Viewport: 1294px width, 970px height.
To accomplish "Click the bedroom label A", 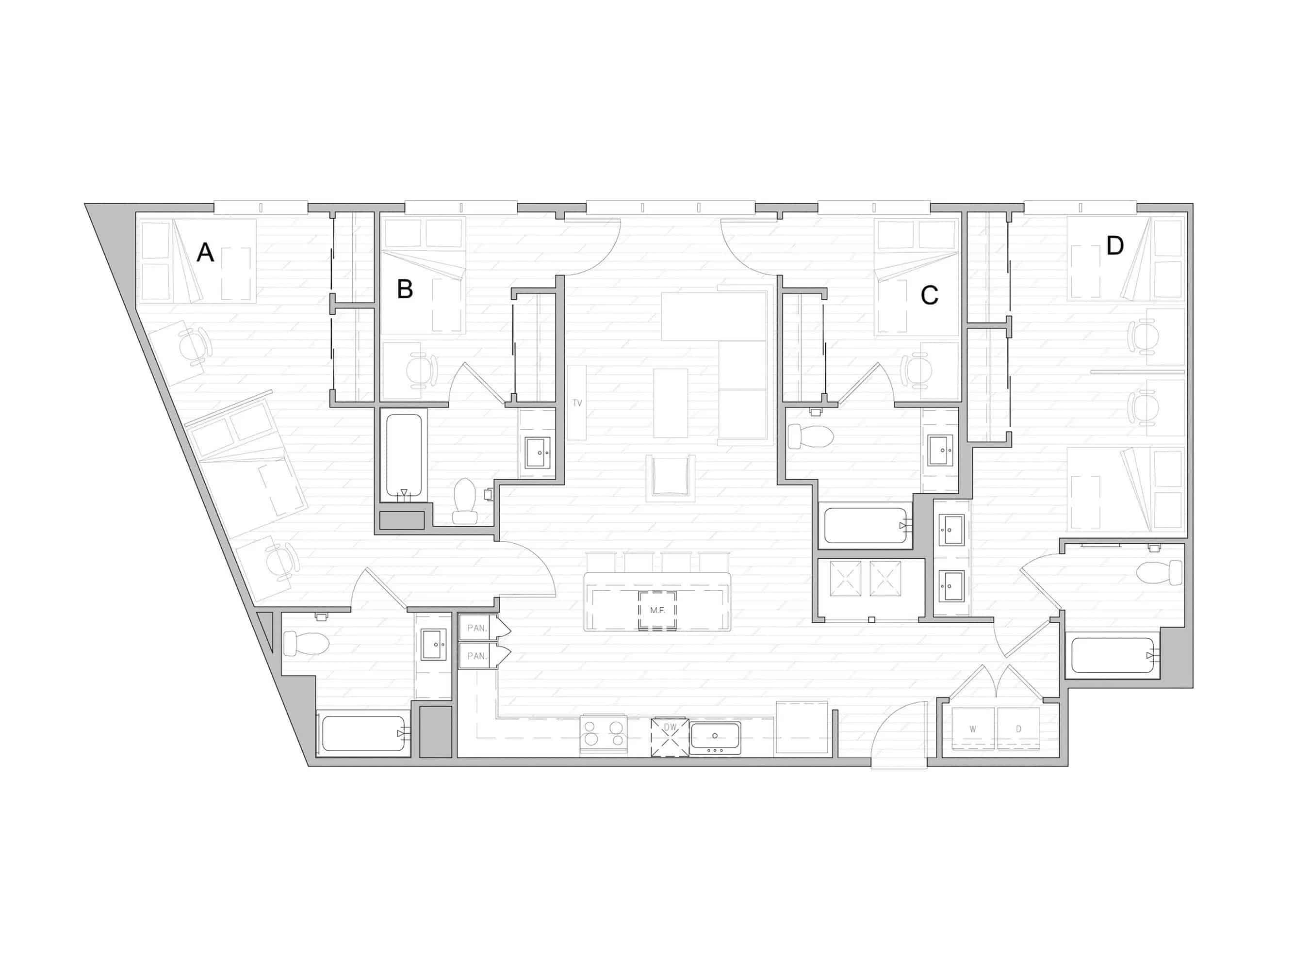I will [x=205, y=253].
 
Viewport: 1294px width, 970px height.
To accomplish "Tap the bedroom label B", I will [x=405, y=289].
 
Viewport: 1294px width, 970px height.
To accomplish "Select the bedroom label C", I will [x=930, y=295].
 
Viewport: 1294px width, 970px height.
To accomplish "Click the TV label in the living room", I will [x=577, y=403].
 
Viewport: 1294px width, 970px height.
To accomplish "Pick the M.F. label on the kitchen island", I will [x=657, y=610].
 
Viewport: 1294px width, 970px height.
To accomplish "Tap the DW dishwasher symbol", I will [x=670, y=727].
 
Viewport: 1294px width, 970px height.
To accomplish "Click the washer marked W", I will [x=973, y=729].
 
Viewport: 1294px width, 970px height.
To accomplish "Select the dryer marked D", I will [x=1018, y=729].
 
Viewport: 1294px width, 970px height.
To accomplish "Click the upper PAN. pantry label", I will [x=477, y=628].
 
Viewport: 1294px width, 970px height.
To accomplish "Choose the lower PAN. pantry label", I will [x=477, y=656].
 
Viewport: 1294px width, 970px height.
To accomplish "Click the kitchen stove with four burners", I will [x=603, y=734].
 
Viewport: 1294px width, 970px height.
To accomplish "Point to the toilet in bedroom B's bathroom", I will [x=466, y=501].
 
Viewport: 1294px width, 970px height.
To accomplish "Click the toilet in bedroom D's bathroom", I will [x=1160, y=572].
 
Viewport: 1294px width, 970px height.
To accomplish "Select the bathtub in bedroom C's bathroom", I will [x=865, y=526].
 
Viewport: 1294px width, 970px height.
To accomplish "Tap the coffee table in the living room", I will [x=671, y=403].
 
